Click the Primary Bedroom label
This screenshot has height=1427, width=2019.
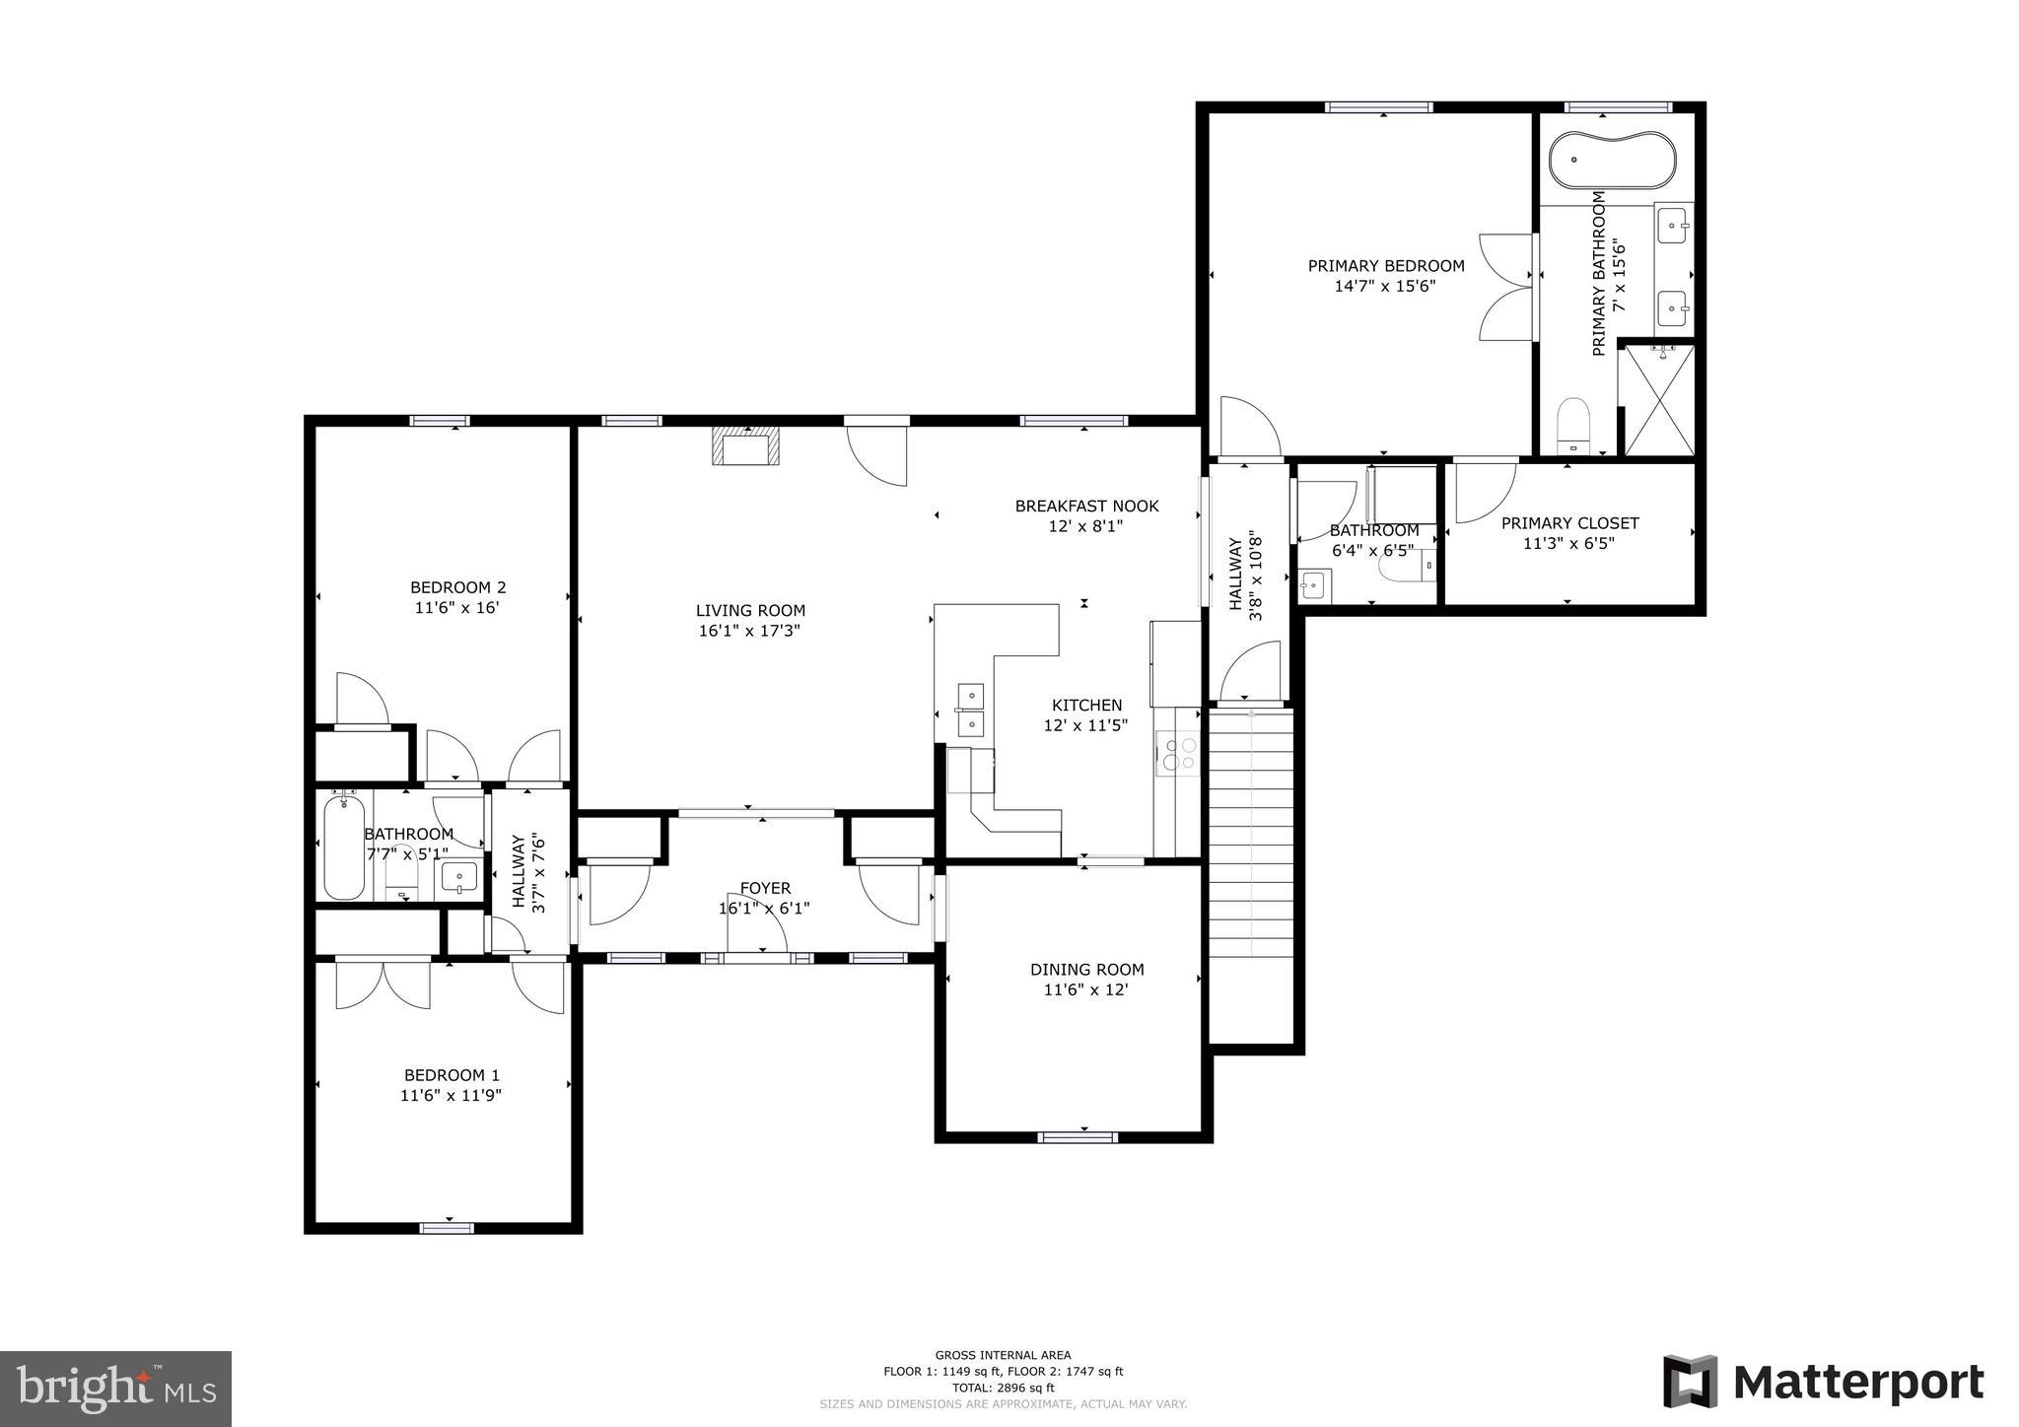[x=1385, y=266]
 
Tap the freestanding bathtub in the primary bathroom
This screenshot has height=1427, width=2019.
[x=1611, y=160]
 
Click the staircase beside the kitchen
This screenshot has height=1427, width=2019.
[x=1250, y=833]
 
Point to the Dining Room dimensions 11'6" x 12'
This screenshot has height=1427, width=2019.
[x=1085, y=989]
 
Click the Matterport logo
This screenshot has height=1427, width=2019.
[x=1823, y=1382]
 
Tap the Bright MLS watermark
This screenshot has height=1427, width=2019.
[x=115, y=1389]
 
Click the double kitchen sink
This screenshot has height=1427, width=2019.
[x=970, y=711]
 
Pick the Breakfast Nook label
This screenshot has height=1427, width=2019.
[x=1086, y=507]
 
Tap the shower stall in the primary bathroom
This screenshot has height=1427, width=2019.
[x=1658, y=399]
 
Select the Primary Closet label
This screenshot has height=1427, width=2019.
[x=1569, y=523]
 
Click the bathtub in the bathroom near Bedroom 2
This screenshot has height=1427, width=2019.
[x=343, y=848]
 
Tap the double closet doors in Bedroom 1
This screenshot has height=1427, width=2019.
[x=383, y=983]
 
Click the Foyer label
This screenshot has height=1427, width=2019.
[x=765, y=888]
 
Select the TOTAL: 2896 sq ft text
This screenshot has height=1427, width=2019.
[x=1003, y=1388]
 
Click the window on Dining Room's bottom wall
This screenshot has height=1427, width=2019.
[x=1078, y=1136]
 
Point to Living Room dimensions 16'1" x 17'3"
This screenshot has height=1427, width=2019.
[x=749, y=631]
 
